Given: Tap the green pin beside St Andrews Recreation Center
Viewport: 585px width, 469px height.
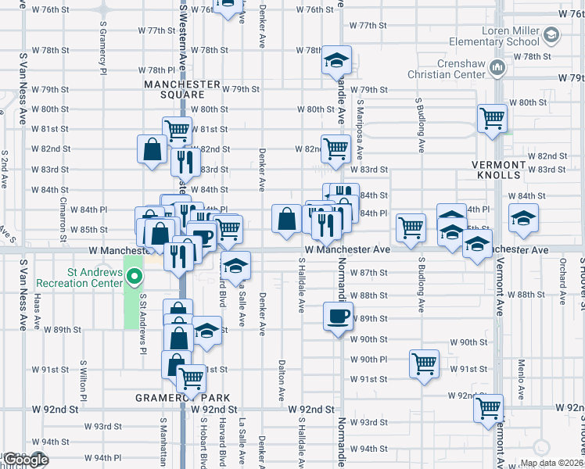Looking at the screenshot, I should (135, 277).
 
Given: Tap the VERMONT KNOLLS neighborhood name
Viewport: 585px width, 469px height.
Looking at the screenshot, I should (499, 170).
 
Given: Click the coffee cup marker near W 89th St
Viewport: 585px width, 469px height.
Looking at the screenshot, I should (338, 317).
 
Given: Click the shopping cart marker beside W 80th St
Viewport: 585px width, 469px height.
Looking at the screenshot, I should (492, 119).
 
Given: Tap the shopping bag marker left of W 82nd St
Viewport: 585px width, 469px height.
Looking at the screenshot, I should (152, 149).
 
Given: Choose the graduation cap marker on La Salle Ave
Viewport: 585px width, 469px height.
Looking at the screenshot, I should (235, 266).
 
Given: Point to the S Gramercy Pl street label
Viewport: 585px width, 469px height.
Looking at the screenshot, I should (102, 46).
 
